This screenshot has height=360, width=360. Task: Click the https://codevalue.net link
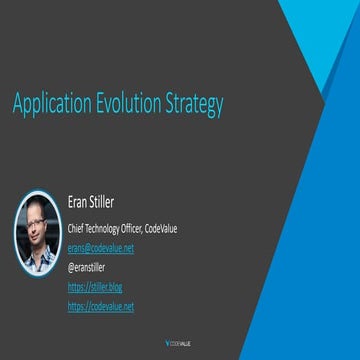pyautogui.click(x=100, y=303)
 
